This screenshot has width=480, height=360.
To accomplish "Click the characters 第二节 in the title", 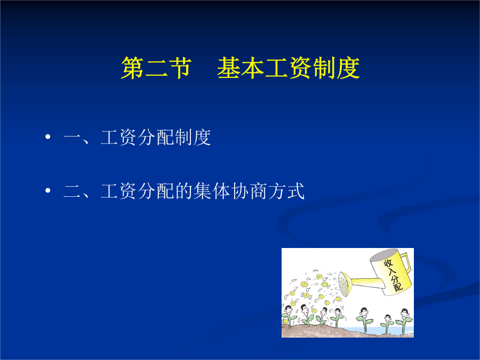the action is click(156, 68).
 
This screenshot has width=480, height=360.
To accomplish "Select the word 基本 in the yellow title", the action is click(241, 68).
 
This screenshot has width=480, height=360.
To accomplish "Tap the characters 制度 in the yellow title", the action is click(336, 68).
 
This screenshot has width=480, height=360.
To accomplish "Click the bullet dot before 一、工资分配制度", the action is click(47, 137).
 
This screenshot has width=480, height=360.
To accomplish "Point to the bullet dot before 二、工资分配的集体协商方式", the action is click(47, 191).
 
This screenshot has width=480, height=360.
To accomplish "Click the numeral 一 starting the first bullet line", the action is click(72, 138).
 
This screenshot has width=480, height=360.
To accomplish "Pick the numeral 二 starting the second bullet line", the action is click(72, 191).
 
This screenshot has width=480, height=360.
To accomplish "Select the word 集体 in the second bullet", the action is click(212, 191).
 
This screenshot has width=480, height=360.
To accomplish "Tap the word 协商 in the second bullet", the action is click(249, 191).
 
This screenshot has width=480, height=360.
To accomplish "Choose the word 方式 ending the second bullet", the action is click(286, 191).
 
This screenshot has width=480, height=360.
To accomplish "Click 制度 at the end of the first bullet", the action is click(193, 138).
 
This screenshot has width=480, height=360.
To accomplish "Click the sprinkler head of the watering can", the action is click(343, 284).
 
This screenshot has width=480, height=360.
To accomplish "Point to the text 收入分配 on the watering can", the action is click(394, 275).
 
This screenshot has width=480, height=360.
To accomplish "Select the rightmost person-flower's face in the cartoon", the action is click(405, 313).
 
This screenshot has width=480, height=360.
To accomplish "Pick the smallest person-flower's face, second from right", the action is click(388, 318).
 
